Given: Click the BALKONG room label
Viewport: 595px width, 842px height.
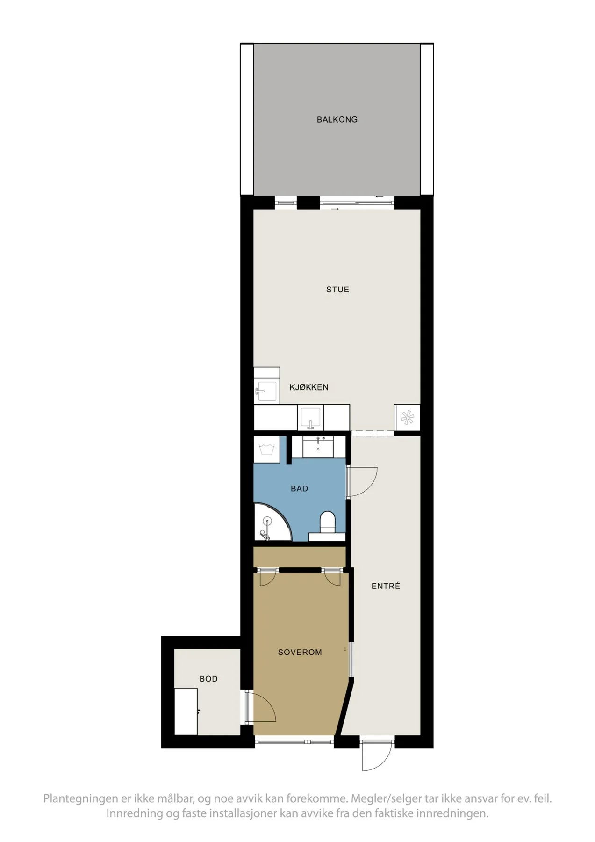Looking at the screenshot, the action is (x=337, y=120).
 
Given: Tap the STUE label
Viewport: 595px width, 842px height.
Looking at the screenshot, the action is (x=337, y=290).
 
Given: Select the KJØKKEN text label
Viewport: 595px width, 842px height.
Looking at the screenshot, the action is (x=308, y=387).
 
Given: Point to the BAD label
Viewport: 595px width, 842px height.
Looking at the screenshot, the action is (x=299, y=489).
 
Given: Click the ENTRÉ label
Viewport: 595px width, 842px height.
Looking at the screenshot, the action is (x=386, y=586).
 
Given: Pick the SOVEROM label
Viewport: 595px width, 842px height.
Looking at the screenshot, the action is (x=300, y=652).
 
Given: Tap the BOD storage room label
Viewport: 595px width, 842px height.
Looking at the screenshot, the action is (x=208, y=679).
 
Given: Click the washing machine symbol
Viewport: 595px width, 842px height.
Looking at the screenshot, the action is (x=267, y=450).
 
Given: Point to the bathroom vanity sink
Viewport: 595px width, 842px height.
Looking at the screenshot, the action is (x=318, y=447).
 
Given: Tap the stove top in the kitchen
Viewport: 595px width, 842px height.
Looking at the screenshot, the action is (x=407, y=417).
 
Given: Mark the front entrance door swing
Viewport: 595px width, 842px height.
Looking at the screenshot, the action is (x=377, y=756).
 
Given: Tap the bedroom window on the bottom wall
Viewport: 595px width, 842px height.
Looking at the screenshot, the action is (x=294, y=741).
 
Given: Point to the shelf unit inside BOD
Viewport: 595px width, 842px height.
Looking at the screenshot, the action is (x=186, y=711).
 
